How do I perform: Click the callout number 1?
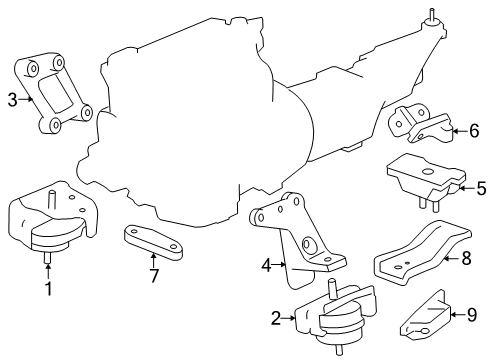[49, 289]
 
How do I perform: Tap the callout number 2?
[276, 318]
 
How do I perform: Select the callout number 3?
[12, 99]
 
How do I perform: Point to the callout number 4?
[266, 266]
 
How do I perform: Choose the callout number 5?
[481, 188]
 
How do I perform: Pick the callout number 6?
[474, 131]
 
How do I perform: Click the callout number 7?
[154, 276]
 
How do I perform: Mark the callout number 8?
[466, 258]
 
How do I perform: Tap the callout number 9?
[472, 315]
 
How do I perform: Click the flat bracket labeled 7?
[153, 242]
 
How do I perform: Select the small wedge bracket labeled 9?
[425, 313]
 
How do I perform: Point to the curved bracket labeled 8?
[423, 252]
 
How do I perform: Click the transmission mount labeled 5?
[426, 181]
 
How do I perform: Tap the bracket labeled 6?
[421, 123]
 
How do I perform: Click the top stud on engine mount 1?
[52, 200]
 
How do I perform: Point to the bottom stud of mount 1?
[48, 257]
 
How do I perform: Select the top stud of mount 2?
[332, 288]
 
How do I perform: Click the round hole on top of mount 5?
[427, 172]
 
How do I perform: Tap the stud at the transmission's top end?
[432, 14]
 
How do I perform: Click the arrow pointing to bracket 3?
[26, 99]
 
